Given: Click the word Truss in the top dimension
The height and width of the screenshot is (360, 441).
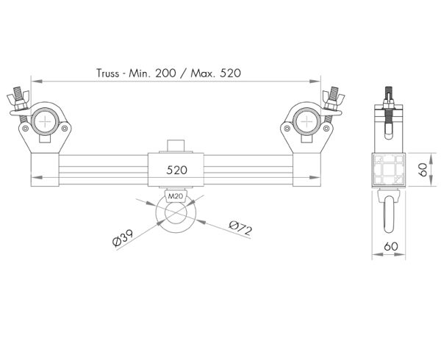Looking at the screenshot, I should (x=111, y=73).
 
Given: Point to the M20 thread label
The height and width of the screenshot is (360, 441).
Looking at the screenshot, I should (x=175, y=197).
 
